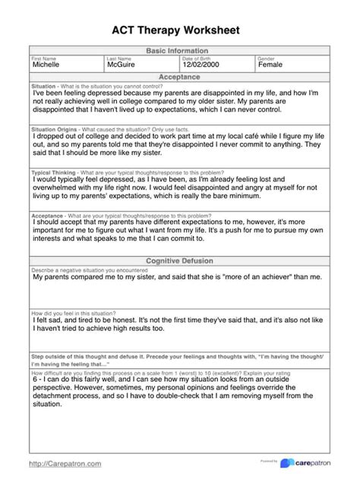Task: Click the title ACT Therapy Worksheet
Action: [180, 30]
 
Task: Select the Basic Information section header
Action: [180, 51]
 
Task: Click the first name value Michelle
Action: [49, 65]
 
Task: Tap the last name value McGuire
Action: [126, 65]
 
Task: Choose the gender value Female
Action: [270, 65]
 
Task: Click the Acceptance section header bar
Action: [180, 77]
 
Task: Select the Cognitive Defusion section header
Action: [180, 260]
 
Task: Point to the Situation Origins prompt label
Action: [55, 130]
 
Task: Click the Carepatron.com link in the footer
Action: [65, 463]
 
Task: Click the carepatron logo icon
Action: [287, 463]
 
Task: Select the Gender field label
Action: [266, 58]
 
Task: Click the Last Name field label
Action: [119, 58]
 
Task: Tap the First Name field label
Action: [44, 58]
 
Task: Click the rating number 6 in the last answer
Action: [36, 380]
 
